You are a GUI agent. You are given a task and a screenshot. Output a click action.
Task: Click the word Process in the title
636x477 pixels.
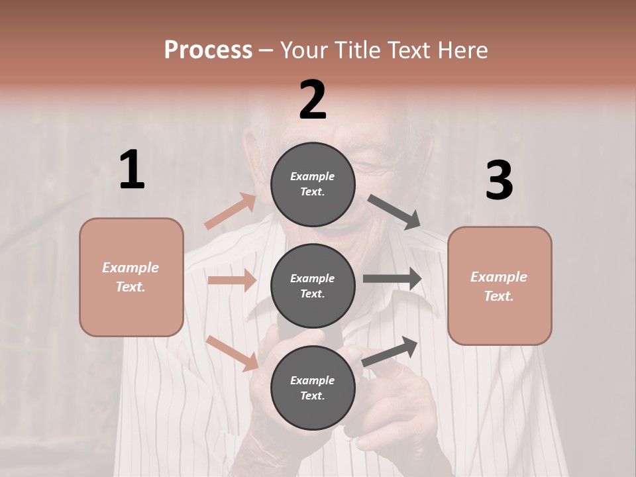(x=208, y=50)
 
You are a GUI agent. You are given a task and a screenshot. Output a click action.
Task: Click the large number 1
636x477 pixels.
(x=132, y=170)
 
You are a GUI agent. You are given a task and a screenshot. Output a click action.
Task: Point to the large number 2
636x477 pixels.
(x=313, y=100)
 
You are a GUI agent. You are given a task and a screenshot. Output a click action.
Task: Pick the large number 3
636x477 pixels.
(x=499, y=181)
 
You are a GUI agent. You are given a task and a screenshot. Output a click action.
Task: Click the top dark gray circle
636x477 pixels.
(x=313, y=184)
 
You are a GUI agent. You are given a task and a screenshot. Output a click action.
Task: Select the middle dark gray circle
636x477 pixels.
(x=313, y=286)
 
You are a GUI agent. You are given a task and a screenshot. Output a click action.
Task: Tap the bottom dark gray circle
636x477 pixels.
(x=313, y=388)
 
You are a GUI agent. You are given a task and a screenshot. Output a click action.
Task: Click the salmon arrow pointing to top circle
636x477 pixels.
(x=230, y=211)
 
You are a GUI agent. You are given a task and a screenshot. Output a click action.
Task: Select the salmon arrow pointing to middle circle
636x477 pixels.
(x=232, y=280)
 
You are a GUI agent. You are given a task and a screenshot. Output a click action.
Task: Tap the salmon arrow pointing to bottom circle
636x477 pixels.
(x=233, y=352)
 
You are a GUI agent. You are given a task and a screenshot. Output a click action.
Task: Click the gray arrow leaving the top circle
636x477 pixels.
(x=394, y=212)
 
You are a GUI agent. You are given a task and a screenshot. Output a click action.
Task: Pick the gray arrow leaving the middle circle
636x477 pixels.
(x=392, y=279)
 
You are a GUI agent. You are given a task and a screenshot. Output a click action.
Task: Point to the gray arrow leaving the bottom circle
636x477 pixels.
(x=390, y=352)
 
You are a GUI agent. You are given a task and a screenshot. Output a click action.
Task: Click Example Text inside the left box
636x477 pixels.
(x=131, y=277)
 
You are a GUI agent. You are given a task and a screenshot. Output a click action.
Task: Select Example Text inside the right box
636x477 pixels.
(x=499, y=286)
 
